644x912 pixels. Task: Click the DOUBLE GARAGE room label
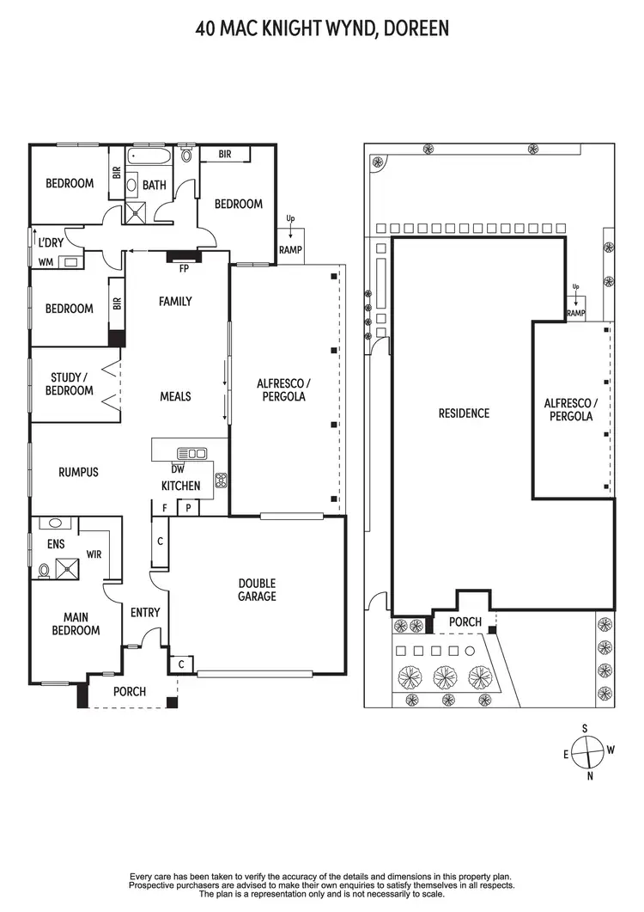tap(258, 590)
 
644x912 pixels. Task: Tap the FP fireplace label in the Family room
tap(183, 268)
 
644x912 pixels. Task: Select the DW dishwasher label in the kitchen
tap(178, 469)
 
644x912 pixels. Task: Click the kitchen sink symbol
tap(191, 453)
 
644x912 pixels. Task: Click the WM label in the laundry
tap(46, 261)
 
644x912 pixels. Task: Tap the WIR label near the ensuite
tap(94, 554)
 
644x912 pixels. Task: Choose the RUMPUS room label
tap(78, 472)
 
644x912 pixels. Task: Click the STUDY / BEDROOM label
tap(70, 383)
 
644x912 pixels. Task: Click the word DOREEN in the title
tap(415, 29)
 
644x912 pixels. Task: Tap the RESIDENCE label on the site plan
tap(464, 413)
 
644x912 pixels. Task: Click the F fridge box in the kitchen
tap(165, 509)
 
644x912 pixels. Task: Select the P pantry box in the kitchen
tap(188, 509)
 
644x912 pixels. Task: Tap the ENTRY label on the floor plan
tap(145, 613)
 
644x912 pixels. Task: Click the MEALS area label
tap(175, 396)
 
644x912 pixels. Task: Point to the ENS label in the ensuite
tap(56, 544)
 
